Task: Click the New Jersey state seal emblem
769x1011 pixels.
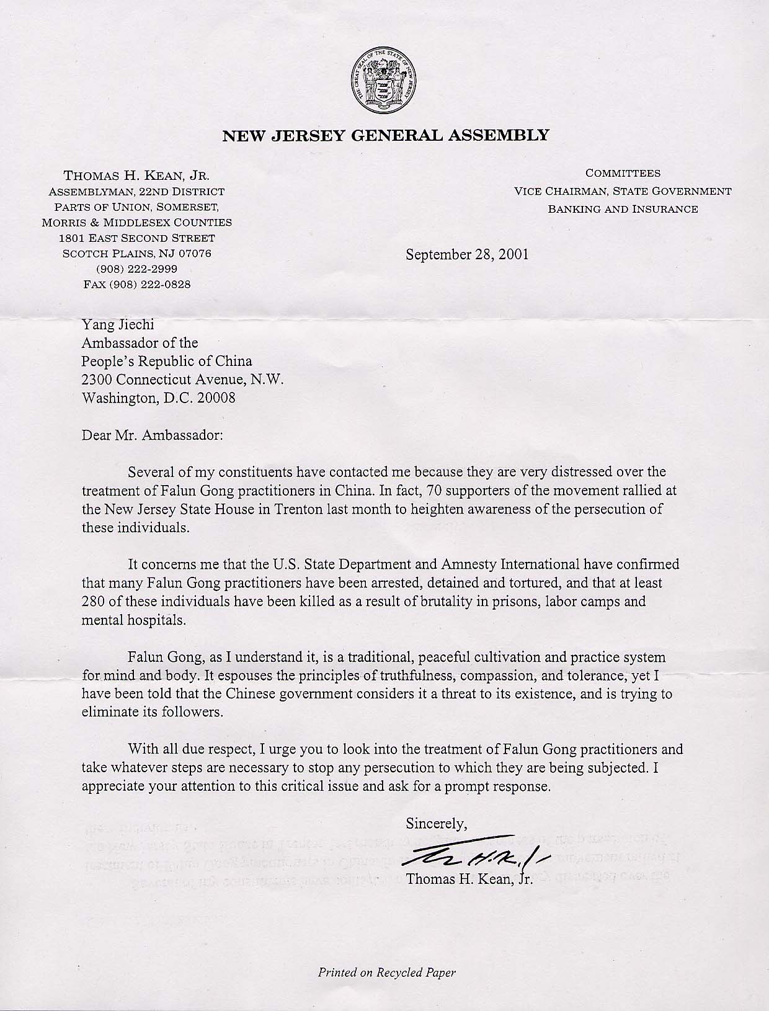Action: [384, 81]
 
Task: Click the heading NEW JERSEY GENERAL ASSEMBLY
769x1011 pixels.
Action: [385, 135]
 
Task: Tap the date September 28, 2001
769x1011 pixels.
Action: [467, 254]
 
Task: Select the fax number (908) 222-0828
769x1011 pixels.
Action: [137, 285]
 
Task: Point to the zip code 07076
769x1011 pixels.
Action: [195, 254]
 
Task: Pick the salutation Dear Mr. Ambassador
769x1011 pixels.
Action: [152, 435]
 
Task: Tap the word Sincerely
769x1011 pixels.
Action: [435, 824]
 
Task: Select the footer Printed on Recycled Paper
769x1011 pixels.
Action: [386, 972]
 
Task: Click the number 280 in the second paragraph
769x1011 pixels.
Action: [95, 602]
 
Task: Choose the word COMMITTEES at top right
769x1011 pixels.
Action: [623, 174]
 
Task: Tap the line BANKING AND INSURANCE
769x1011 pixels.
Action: [623, 209]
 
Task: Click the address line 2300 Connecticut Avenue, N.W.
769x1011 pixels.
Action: [183, 380]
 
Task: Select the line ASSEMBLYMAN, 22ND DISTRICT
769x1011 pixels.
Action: [136, 192]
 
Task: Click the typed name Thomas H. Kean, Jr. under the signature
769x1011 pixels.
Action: [469, 878]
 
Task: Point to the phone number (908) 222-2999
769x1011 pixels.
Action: [137, 269]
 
